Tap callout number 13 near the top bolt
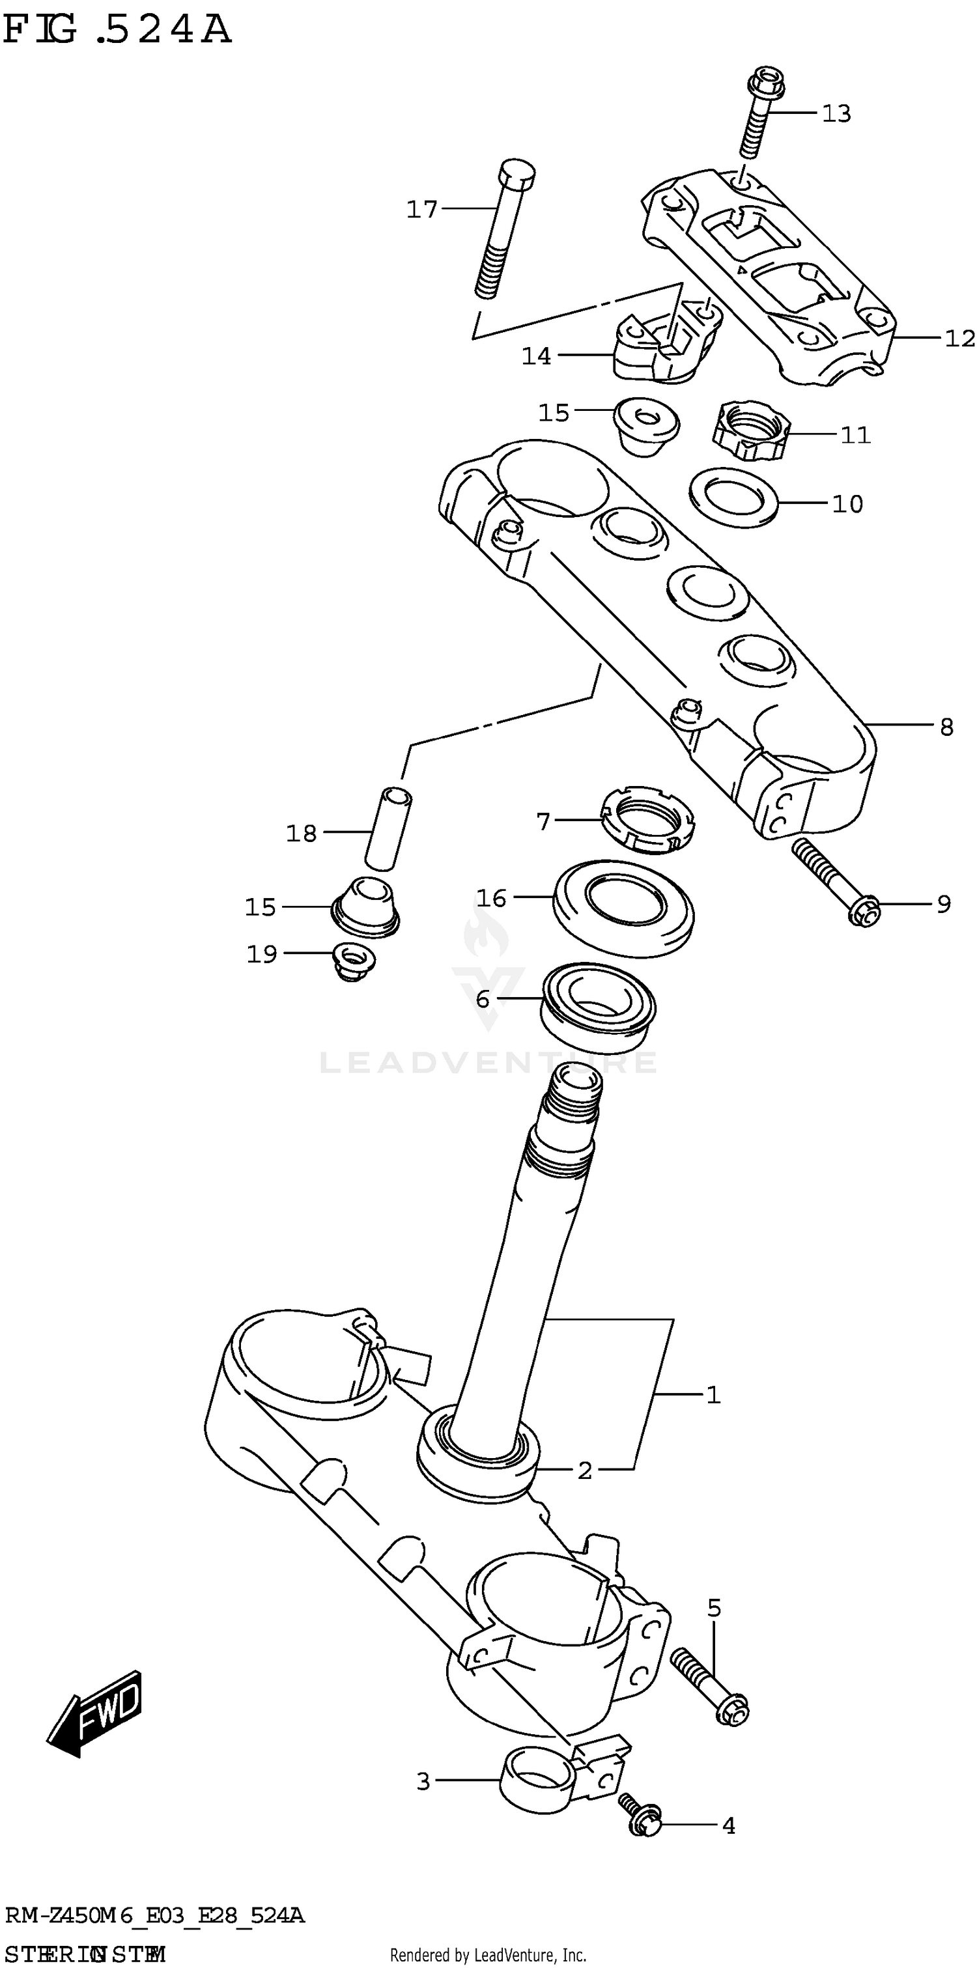[x=836, y=114]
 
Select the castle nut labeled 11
[x=751, y=432]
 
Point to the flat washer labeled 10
[x=733, y=498]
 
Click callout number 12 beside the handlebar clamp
[x=959, y=339]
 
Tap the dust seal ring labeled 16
[x=623, y=908]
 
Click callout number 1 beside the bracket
[x=713, y=1396]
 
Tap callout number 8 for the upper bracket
[x=946, y=727]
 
